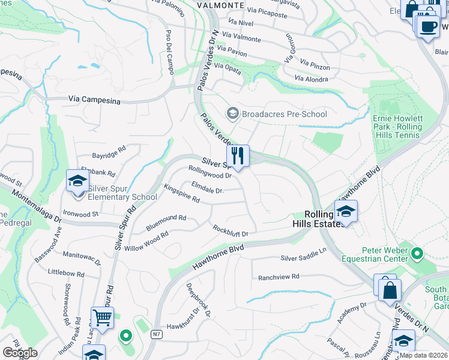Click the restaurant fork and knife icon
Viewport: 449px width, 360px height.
238,156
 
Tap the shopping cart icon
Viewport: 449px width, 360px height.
102,318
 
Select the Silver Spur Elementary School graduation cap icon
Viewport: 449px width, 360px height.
77,181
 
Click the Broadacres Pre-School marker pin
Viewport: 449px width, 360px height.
232,113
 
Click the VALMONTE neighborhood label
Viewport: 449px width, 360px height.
220,5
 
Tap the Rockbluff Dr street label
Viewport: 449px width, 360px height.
231,230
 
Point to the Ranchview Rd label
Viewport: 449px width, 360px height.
279,277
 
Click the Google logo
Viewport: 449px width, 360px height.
20,352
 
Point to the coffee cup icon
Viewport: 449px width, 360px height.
427,27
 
